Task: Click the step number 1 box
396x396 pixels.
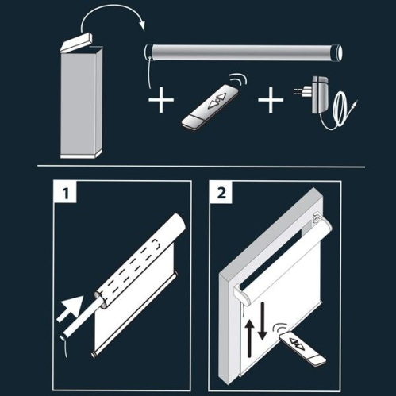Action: [65, 192]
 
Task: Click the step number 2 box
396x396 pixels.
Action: [221, 192]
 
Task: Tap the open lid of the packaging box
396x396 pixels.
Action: [76, 42]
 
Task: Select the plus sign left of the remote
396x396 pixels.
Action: [161, 100]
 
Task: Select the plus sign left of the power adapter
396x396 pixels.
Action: [271, 100]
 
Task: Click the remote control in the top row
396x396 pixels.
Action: [211, 107]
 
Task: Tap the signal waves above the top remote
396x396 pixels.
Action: [238, 79]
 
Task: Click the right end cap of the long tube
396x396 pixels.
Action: [337, 53]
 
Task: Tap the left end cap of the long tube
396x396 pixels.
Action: [149, 52]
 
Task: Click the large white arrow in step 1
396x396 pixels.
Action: [70, 308]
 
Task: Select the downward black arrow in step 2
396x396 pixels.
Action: [263, 321]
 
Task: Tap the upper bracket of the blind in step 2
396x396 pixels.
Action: [317, 217]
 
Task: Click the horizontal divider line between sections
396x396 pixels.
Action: [201, 167]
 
